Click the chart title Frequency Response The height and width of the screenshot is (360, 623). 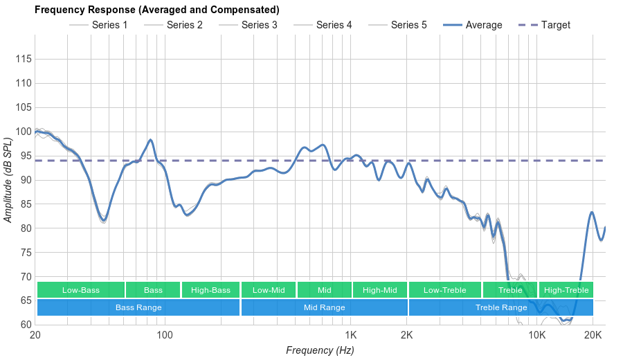coord(157,10)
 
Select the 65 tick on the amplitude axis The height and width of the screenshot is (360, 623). coord(25,300)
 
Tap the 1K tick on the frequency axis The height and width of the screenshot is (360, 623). coord(350,335)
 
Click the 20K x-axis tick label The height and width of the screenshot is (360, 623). coord(593,335)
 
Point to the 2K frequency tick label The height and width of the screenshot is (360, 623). coord(407,335)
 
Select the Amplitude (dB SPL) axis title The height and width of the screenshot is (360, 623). coord(8,180)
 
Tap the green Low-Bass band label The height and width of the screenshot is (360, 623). coord(81,290)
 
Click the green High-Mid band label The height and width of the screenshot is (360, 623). coord(379,290)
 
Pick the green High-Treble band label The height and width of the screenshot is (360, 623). coord(566,290)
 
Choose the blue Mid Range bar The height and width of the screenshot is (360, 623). coord(324,307)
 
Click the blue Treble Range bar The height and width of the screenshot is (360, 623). coord(501,307)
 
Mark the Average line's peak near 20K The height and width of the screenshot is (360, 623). coord(592,212)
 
